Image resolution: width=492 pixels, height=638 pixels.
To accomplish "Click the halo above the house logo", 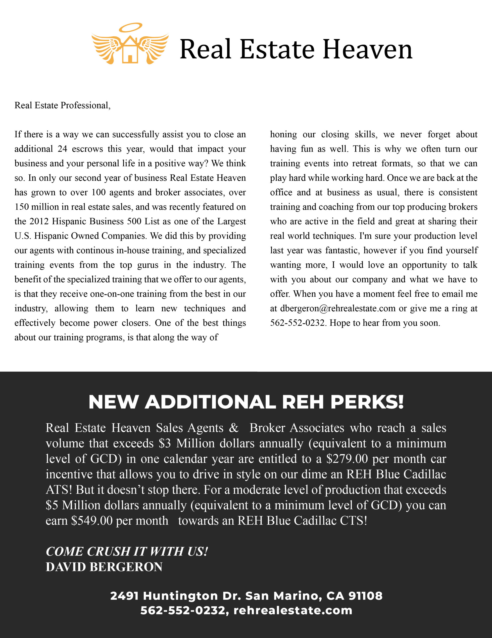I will tap(130, 27).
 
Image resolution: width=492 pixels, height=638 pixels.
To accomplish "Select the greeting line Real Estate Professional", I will tap(62, 105).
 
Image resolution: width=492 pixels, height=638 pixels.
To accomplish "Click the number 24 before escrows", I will tap(62, 149).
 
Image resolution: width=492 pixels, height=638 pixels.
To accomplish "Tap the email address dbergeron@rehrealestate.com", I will tap(338, 309).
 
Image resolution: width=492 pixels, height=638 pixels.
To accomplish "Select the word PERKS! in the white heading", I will tap(367, 402).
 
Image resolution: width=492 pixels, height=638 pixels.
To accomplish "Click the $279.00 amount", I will tap(347, 459).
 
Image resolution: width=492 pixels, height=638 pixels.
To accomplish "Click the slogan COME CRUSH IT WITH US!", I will tap(127, 552).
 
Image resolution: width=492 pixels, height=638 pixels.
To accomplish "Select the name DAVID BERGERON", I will tap(104, 567).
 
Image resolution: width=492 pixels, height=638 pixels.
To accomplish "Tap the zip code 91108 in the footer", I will tap(365, 596).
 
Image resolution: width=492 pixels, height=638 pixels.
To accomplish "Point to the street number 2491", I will tap(124, 596).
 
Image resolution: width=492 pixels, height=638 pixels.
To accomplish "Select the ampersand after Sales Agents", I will tap(233, 428).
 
